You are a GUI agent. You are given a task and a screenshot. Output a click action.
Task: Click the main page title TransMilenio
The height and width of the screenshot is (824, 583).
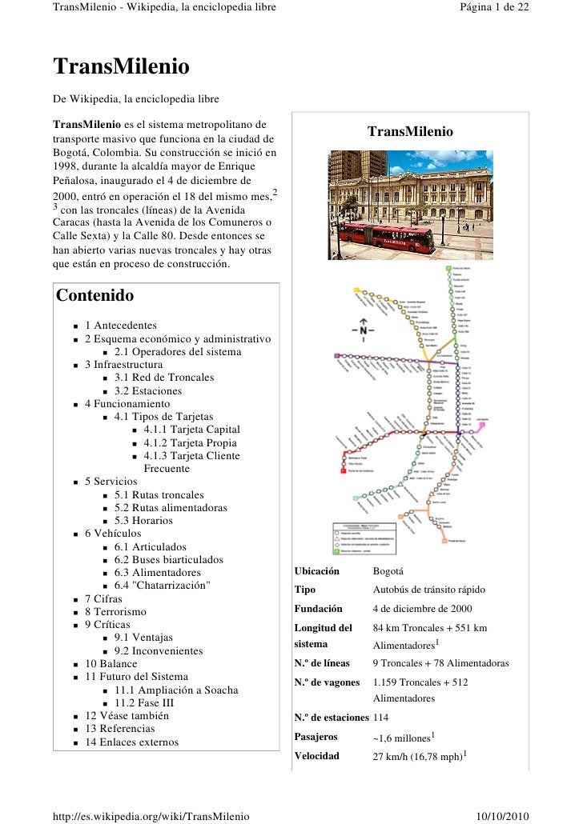click(121, 66)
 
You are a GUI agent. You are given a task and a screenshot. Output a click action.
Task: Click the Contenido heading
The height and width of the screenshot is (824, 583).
click(94, 295)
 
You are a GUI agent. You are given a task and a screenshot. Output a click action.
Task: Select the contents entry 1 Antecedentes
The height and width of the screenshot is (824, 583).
click(120, 326)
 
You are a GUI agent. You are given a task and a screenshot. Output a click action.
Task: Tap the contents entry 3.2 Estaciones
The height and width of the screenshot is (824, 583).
click(147, 391)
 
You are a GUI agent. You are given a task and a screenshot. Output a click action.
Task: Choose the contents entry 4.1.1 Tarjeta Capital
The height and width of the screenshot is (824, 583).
click(191, 430)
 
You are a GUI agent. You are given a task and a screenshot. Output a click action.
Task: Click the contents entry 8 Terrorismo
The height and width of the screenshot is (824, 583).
click(115, 612)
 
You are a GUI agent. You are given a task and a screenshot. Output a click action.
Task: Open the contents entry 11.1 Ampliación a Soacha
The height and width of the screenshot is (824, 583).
click(176, 690)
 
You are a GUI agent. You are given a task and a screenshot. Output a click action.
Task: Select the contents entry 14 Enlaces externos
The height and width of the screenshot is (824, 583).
click(131, 742)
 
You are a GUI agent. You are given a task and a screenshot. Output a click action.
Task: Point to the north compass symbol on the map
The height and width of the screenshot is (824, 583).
click(363, 329)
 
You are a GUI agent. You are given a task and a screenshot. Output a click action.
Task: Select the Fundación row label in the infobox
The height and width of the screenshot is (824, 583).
click(318, 609)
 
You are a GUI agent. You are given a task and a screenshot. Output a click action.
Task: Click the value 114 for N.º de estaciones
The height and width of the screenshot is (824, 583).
click(381, 718)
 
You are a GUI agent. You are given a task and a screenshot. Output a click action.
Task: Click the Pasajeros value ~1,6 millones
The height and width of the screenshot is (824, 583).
click(403, 738)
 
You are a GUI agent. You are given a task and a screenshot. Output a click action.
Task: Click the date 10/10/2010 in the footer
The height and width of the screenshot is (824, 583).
click(502, 815)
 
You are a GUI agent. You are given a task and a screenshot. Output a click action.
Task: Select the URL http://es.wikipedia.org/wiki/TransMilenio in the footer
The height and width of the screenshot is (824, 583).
click(151, 815)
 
